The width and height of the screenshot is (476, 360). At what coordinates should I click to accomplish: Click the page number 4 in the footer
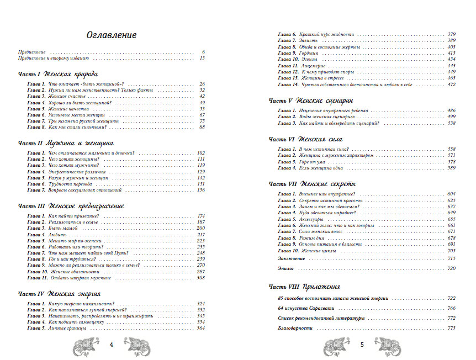(x=111, y=345)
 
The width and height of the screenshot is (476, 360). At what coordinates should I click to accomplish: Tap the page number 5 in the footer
(x=362, y=345)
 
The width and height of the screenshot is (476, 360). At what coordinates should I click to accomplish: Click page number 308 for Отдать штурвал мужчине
(x=200, y=278)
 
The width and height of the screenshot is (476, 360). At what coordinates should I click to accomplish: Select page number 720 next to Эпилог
(x=451, y=268)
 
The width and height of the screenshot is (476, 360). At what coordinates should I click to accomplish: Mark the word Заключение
(x=291, y=258)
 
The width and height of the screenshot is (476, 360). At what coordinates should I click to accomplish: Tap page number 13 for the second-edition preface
(x=202, y=58)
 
